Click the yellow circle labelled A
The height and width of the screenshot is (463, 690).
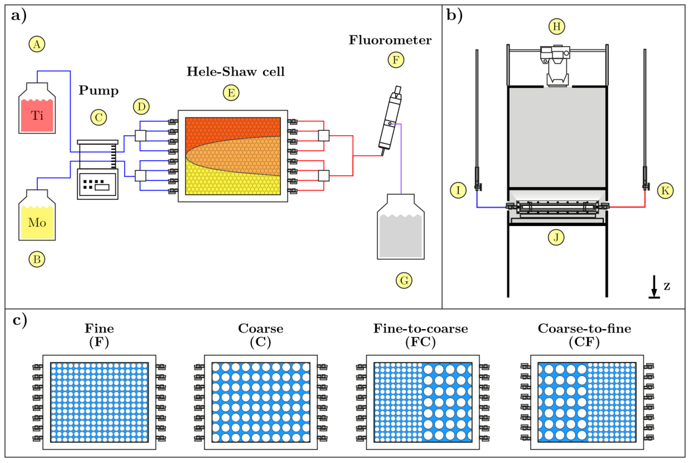pos(37,44)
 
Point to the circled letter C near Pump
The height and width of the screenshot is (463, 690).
pos(99,118)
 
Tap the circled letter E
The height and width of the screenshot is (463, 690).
pos(231,93)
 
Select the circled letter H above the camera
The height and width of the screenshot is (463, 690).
pos(557,26)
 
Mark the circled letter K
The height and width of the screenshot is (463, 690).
pos(665,191)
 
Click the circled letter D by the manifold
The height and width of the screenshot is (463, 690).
pos(141,107)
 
